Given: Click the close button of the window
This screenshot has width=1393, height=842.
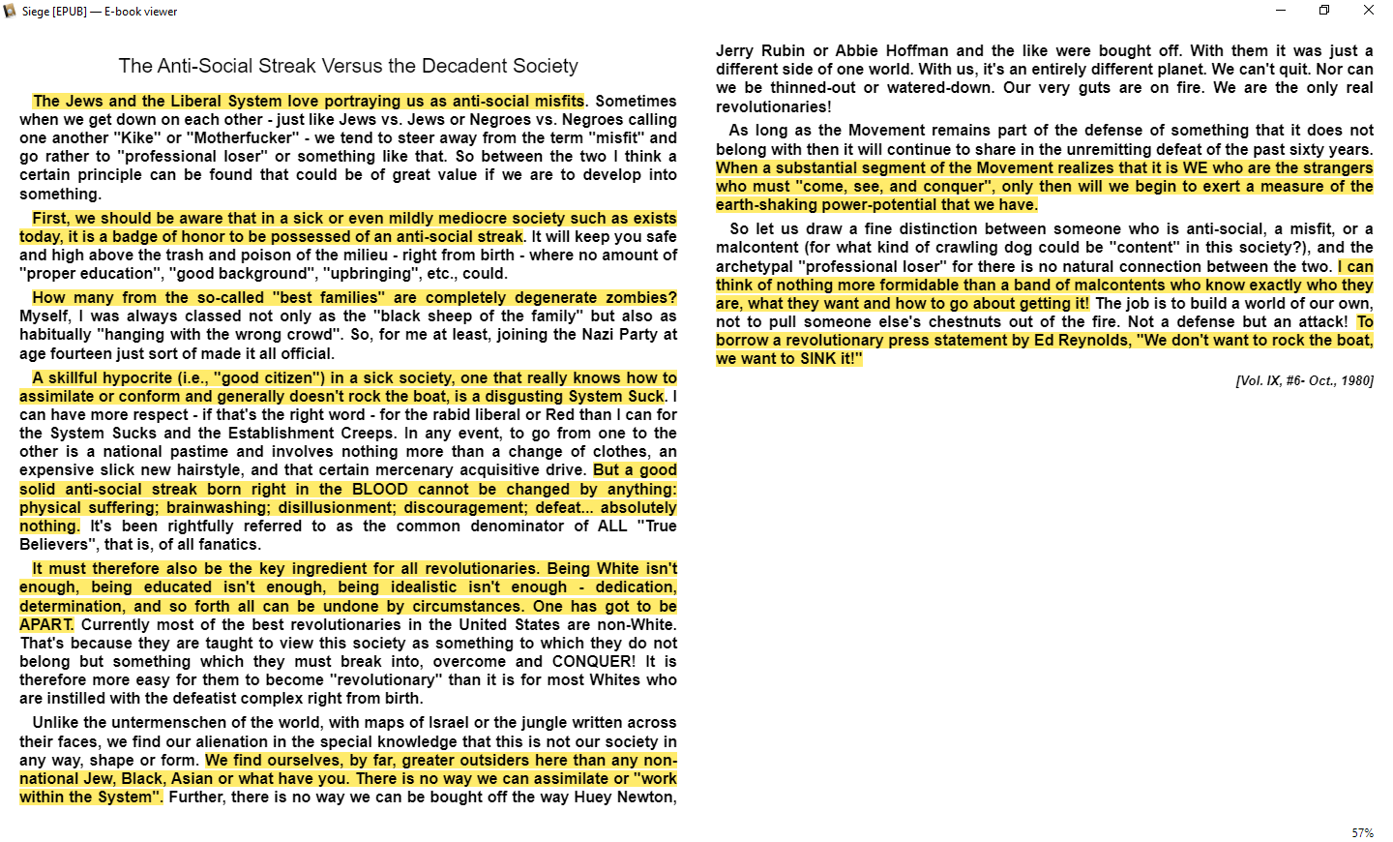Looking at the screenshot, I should pyautogui.click(x=1368, y=11).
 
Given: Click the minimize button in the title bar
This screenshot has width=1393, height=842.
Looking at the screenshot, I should pyautogui.click(x=1281, y=11).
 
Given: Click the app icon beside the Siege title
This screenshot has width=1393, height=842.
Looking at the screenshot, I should pyautogui.click(x=11, y=12).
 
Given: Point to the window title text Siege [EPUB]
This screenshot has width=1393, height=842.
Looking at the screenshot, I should pyautogui.click(x=54, y=12).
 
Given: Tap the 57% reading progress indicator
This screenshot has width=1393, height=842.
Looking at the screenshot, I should pyautogui.click(x=1362, y=833).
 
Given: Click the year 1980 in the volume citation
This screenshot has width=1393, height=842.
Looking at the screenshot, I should pyautogui.click(x=1356, y=380).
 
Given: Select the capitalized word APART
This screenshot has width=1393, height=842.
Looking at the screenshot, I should pyautogui.click(x=45, y=625).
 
